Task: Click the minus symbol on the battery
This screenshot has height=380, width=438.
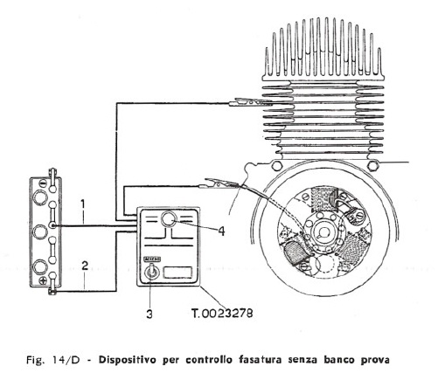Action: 43,183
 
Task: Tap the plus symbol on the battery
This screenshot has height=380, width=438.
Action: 43,280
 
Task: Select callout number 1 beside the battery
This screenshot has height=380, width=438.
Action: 83,204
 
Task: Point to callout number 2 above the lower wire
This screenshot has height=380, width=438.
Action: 85,266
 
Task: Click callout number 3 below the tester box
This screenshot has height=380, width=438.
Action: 149,314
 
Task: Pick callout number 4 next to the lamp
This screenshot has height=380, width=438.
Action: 221,231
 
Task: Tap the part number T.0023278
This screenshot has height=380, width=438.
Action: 222,314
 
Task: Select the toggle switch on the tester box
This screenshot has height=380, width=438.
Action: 151,272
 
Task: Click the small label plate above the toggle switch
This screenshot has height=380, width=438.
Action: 152,259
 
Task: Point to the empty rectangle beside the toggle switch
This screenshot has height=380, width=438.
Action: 177,273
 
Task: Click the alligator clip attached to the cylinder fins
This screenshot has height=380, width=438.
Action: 251,102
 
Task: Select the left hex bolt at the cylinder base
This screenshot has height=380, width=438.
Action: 275,166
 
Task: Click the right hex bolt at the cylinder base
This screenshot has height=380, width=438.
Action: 372,166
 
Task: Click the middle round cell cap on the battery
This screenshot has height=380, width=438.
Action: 40,231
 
